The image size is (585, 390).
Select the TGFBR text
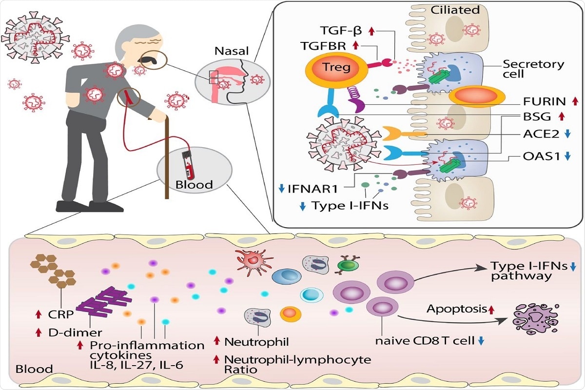pyautogui.click(x=323, y=46)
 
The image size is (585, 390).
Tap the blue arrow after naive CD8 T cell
pyautogui.click(x=482, y=341)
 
